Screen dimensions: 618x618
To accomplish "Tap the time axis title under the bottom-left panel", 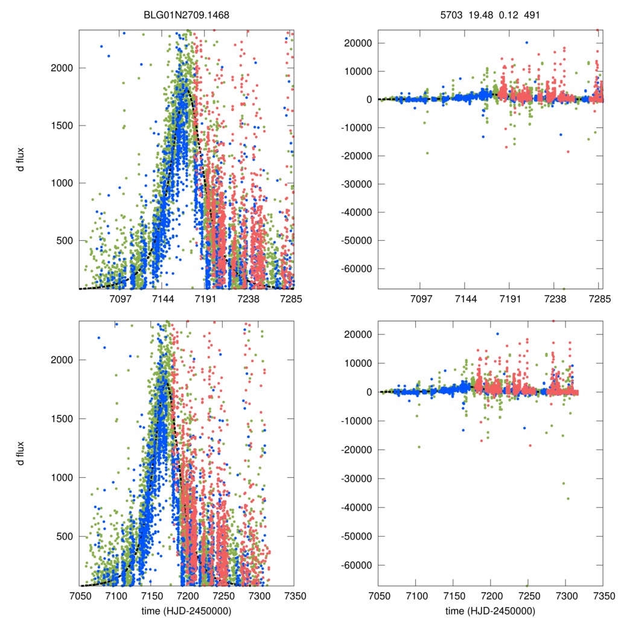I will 186,610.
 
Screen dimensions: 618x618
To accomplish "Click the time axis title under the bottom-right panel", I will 491,610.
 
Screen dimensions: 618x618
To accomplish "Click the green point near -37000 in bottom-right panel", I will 568,499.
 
